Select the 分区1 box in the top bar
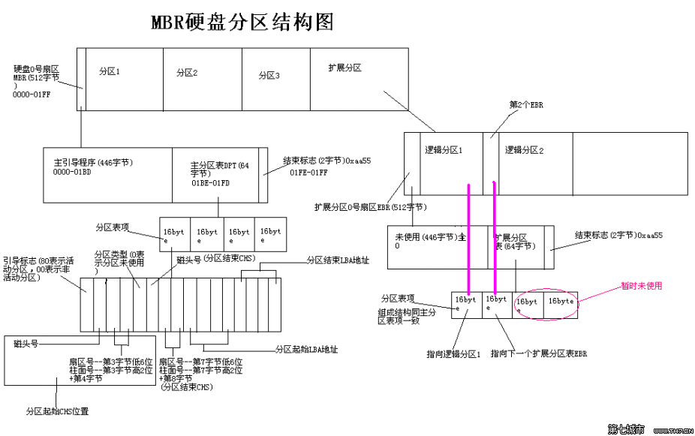pyautogui.click(x=125, y=79)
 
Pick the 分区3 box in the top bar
pyautogui.click(x=275, y=79)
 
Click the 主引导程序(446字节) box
pyautogui.click(x=108, y=175)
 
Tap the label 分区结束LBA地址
pyautogui.click(x=338, y=260)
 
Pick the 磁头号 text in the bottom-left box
pyautogui.click(x=26, y=344)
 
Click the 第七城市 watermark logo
pyautogui.click(x=626, y=429)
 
